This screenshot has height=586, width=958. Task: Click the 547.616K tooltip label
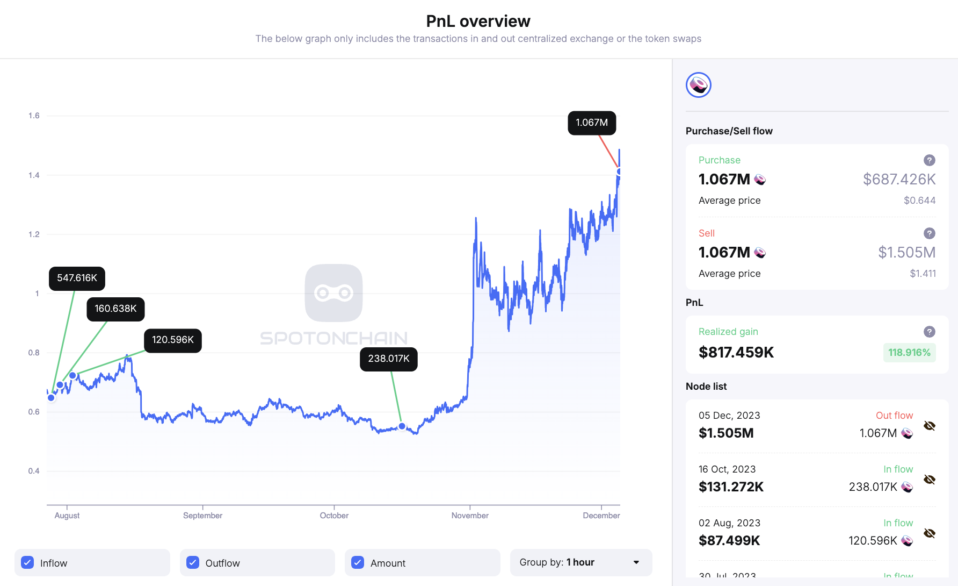(x=77, y=278)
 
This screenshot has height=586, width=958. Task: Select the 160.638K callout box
(x=115, y=309)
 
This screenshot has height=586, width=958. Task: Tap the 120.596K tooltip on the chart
(x=172, y=340)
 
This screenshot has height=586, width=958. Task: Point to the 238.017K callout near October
(x=388, y=359)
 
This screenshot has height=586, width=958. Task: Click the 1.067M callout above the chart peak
(x=592, y=123)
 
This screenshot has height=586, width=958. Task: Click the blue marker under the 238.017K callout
(x=402, y=426)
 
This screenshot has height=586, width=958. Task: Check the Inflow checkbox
(x=27, y=562)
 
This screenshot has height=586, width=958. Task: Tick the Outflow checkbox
(x=193, y=562)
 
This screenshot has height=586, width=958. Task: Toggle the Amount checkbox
(x=358, y=562)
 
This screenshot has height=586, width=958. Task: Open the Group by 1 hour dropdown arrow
(x=636, y=562)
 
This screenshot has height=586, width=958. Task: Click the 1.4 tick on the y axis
(x=34, y=175)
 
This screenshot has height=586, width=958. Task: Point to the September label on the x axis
(x=202, y=516)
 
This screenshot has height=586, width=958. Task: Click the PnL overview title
(x=478, y=21)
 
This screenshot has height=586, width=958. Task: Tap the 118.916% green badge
(x=909, y=353)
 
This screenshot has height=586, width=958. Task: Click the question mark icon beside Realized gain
(x=929, y=332)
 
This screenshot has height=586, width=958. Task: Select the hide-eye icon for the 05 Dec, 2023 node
(x=929, y=426)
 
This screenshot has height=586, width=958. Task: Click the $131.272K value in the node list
(x=731, y=487)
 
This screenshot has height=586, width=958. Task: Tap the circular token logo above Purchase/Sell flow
(x=698, y=85)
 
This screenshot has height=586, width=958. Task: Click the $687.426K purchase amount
(x=899, y=180)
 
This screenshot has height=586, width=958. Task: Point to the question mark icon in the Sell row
(x=929, y=233)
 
